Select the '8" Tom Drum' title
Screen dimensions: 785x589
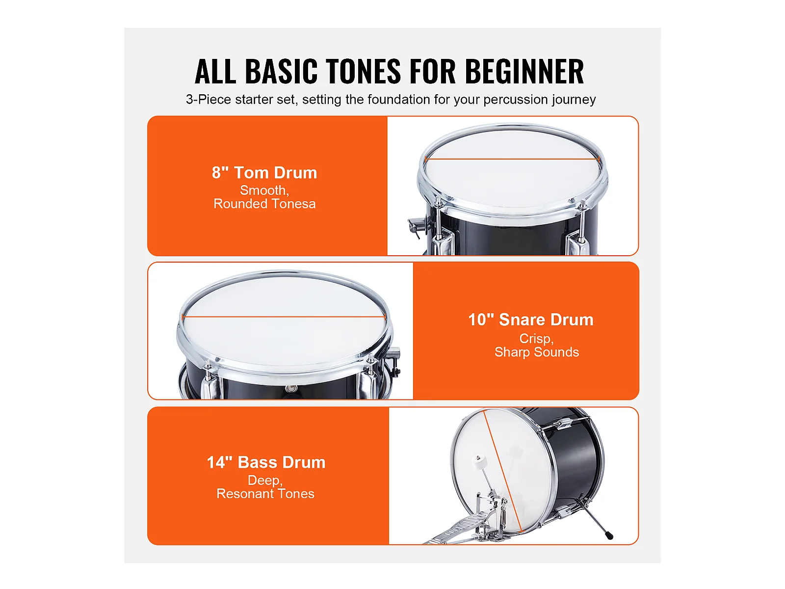[x=264, y=172]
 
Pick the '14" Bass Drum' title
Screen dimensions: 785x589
[x=266, y=462]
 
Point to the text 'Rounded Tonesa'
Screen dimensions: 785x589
[x=264, y=204]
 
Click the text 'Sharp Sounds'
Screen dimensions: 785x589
[x=536, y=352]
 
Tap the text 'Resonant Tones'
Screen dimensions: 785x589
[x=265, y=493]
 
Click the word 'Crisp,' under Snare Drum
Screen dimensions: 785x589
[x=536, y=338]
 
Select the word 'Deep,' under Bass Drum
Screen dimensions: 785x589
[x=265, y=480]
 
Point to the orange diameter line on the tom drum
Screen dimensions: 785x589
[x=512, y=159]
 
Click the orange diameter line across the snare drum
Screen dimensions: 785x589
[x=284, y=317]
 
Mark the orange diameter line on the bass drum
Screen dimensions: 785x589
[x=502, y=471]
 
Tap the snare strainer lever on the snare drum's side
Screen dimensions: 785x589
[x=395, y=361]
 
